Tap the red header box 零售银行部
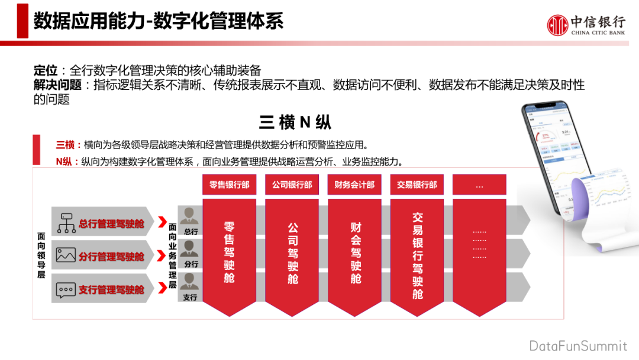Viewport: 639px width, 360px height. (229, 185)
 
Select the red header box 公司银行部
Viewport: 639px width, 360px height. (292, 185)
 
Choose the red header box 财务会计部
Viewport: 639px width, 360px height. (354, 185)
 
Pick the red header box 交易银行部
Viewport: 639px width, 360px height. (417, 185)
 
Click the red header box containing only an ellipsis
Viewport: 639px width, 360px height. (479, 185)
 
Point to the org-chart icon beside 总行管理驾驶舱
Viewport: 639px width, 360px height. (66, 223)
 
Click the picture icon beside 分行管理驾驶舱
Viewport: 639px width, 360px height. (66, 255)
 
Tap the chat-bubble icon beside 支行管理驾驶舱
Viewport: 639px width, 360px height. (66, 290)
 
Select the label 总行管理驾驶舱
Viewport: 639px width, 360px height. (111, 223)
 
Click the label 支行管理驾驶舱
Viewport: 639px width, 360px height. (111, 290)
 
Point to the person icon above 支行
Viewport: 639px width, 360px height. (190, 282)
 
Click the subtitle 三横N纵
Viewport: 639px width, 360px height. (295, 122)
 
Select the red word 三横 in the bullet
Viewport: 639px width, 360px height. (64, 144)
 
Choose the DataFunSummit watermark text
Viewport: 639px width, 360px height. (578, 346)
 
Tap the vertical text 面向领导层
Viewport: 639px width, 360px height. (41, 255)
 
